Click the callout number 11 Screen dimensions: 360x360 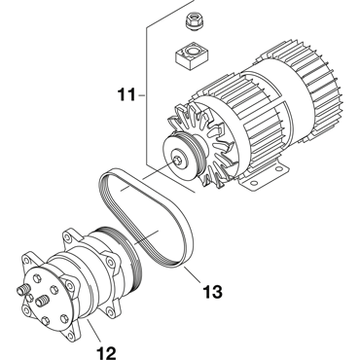click(126, 95)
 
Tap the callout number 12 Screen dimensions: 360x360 click(106, 353)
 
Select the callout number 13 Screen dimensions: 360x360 click(212, 291)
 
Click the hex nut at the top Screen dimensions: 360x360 click(194, 21)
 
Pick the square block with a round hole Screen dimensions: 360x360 click(192, 55)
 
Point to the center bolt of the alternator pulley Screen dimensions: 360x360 click(177, 160)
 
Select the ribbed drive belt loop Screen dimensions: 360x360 click(146, 218)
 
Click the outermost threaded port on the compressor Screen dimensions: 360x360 click(22, 289)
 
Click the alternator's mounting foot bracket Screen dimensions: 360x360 click(266, 177)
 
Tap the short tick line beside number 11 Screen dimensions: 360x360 click(141, 95)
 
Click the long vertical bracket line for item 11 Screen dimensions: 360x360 click(146, 94)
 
